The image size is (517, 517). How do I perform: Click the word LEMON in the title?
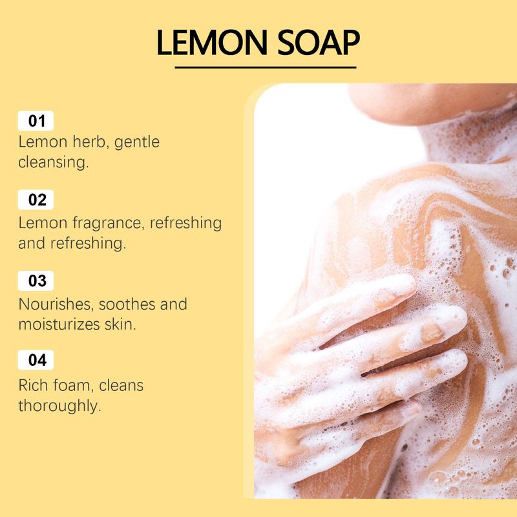click(x=212, y=43)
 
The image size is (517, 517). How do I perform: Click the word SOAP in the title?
click(x=319, y=43)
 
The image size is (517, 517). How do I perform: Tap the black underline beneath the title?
click(x=266, y=68)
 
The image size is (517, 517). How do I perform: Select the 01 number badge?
click(x=36, y=121)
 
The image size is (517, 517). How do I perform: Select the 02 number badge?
click(x=36, y=200)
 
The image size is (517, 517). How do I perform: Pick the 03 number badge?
click(x=36, y=280)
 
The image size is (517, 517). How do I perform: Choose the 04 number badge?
click(x=36, y=360)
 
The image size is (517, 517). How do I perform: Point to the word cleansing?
click(x=54, y=163)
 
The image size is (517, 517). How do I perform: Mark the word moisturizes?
click(x=59, y=324)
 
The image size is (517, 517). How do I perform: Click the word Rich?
click(x=34, y=385)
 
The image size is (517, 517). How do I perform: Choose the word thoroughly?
click(x=59, y=406)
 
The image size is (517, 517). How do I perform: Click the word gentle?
click(x=137, y=142)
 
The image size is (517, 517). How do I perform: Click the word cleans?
click(x=121, y=385)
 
